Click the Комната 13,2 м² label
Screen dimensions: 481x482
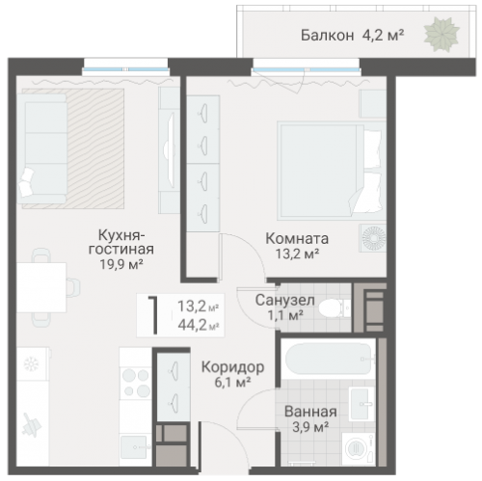(297, 246)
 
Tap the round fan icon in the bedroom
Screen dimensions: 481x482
(371, 237)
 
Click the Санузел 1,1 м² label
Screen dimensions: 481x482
(282, 307)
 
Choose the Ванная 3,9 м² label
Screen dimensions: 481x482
(310, 417)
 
